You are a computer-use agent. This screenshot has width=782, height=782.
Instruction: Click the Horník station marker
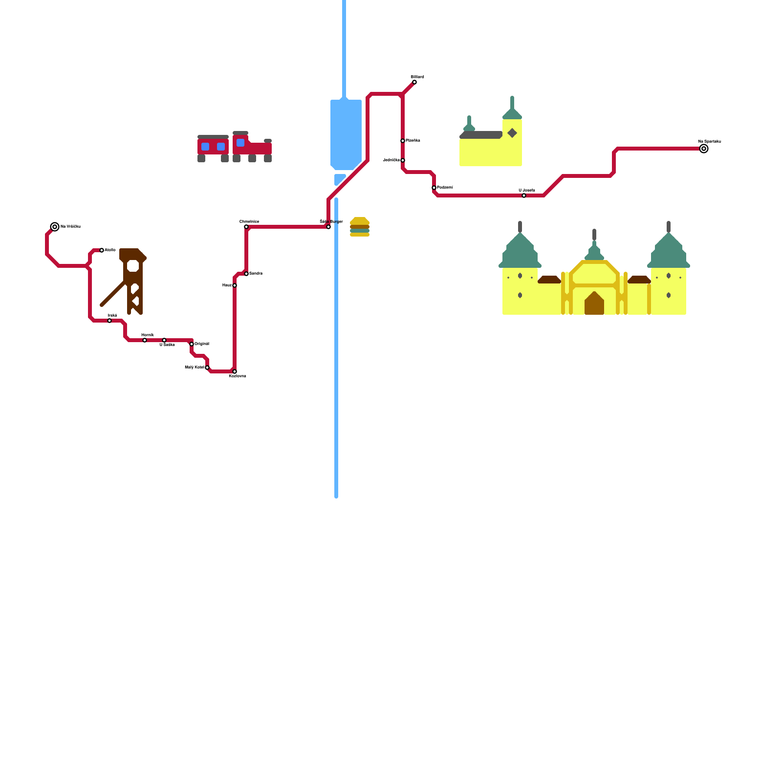(x=145, y=340)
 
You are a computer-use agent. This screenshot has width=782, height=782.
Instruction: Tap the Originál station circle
(x=192, y=344)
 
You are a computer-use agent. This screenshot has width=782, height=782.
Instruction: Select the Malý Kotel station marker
(x=207, y=368)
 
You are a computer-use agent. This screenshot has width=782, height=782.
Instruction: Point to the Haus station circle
(x=235, y=285)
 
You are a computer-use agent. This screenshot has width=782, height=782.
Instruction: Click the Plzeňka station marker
(x=403, y=141)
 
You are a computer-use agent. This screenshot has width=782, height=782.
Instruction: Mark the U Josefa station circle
(x=524, y=195)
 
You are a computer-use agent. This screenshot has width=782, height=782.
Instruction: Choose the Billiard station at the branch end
(x=414, y=82)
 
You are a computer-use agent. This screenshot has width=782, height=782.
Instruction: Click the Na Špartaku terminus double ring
(x=704, y=149)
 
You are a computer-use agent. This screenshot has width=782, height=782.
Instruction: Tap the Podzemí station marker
(x=434, y=188)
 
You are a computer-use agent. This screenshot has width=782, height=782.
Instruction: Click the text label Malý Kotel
(x=194, y=367)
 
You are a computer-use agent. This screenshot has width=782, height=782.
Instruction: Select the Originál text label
(x=202, y=344)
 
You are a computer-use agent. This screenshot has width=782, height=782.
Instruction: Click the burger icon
(x=360, y=227)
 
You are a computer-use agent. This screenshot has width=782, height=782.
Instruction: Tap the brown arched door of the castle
(x=594, y=304)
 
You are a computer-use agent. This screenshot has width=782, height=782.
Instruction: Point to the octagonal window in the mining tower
(x=133, y=266)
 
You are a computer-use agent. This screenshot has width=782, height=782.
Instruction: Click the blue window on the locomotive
(x=240, y=143)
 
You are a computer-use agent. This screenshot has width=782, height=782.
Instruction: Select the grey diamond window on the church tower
(x=512, y=133)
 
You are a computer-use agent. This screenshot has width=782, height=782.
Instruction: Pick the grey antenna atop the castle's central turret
(x=594, y=235)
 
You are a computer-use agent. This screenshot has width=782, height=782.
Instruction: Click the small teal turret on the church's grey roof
(x=469, y=124)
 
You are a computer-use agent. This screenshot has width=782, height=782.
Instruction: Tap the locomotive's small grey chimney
(x=268, y=141)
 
